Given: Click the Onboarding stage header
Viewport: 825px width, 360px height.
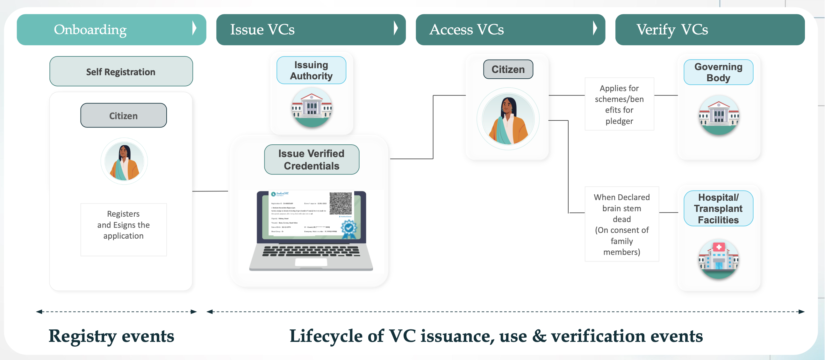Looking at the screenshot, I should [x=111, y=29].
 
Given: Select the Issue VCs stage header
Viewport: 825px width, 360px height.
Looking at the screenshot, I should [x=311, y=29].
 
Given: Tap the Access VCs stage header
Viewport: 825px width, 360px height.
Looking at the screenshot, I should [x=510, y=29].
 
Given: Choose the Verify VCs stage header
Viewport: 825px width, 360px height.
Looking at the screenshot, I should [x=710, y=29].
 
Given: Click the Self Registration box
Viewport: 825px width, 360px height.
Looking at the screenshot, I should [x=121, y=71].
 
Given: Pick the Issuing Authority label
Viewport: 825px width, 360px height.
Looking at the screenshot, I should [x=311, y=70].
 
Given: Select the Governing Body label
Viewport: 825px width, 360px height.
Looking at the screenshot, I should [x=718, y=72].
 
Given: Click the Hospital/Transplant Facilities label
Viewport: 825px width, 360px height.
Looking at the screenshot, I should [x=718, y=208].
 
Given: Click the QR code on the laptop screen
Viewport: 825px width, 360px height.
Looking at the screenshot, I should [x=341, y=203].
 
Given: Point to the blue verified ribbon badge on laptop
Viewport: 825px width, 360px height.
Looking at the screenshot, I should [x=348, y=229].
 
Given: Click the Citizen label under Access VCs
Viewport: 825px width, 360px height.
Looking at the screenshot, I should [x=508, y=69].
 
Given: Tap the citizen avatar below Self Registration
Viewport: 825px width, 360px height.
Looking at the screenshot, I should [x=124, y=161].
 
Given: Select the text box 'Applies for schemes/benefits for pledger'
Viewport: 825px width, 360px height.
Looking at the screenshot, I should [x=619, y=104].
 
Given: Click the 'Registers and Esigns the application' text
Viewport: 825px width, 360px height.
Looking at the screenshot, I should [x=124, y=225].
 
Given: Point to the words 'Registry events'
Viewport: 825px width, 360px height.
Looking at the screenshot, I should [x=111, y=336].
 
